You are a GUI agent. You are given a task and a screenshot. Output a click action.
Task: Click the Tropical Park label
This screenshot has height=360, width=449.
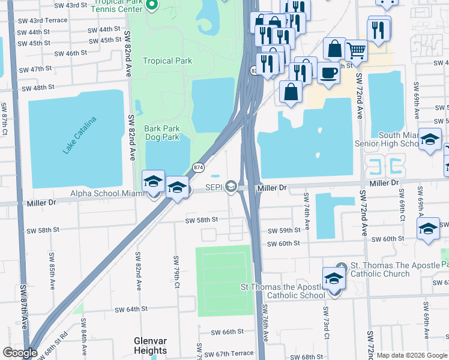point(167,61)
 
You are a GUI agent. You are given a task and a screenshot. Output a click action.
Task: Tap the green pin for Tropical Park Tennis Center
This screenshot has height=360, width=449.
point(152,5)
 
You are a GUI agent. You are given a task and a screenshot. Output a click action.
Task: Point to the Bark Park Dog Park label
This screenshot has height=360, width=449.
point(162,133)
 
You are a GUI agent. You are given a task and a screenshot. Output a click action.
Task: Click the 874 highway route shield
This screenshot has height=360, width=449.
point(197,166)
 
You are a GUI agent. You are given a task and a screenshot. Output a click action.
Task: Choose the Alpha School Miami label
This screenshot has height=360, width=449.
point(107,193)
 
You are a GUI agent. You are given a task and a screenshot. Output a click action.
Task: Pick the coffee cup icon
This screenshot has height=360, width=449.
point(328,73)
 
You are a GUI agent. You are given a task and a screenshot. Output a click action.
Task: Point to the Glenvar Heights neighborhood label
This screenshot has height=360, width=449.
point(150,346)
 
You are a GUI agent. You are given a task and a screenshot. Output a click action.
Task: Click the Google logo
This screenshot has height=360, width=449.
point(19,353)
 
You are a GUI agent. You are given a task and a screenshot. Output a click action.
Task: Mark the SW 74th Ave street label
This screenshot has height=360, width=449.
point(306,212)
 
